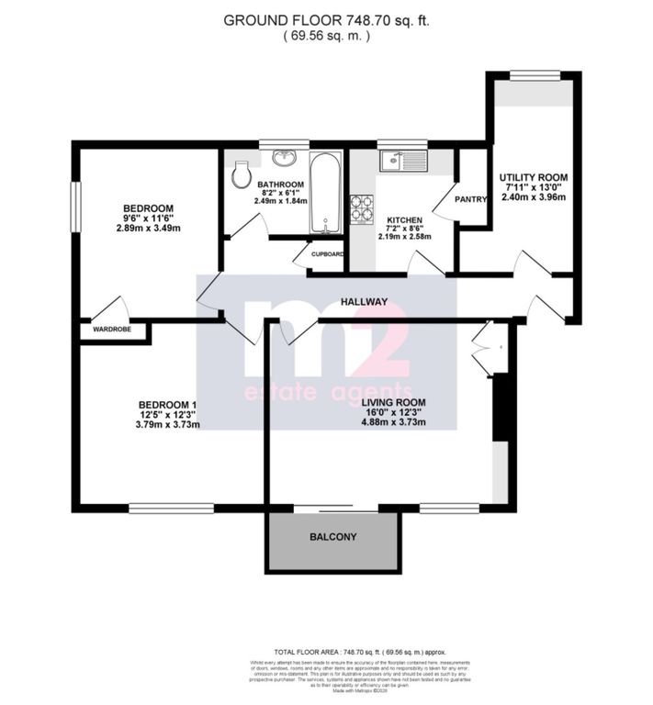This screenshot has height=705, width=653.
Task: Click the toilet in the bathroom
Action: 242,174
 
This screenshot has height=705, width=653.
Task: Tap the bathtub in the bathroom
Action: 325,195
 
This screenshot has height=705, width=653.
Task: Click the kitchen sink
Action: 404,162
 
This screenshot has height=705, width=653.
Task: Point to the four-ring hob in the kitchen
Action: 361,210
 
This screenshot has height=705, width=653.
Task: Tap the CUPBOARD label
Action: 327,254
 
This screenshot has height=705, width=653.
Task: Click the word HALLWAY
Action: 363,301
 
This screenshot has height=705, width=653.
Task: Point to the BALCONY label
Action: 332,537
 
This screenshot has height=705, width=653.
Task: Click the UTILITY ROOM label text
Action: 533,177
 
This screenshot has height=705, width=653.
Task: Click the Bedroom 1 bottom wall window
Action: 171,508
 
